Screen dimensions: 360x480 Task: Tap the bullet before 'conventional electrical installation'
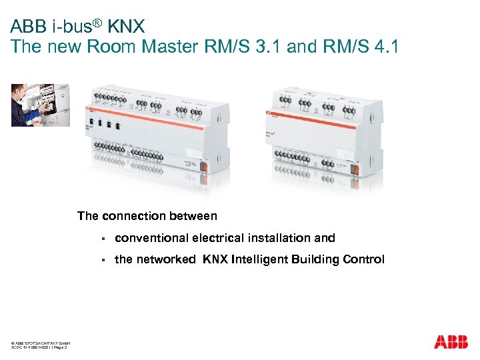point(104,239)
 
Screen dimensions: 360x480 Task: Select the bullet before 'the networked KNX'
point(104,260)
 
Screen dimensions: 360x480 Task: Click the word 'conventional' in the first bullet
point(151,238)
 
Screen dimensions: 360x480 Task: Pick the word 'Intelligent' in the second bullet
point(260,259)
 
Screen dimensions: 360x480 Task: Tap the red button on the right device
point(355,168)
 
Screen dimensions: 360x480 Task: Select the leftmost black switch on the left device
point(90,123)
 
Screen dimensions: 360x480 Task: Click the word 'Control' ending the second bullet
point(363,259)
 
